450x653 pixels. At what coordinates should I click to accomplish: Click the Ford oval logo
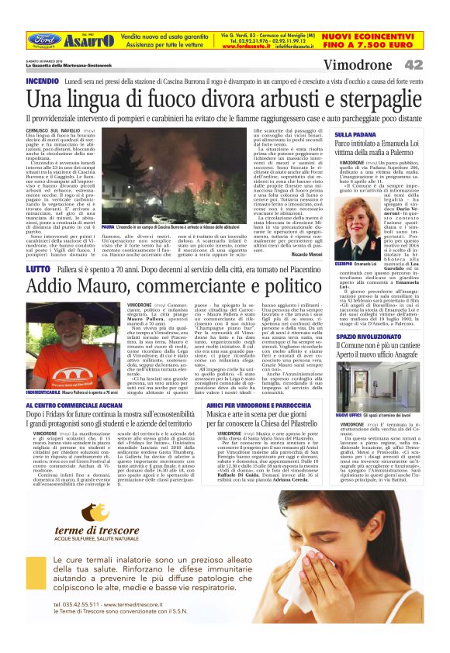[43, 39]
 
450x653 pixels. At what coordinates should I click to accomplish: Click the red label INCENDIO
[43, 81]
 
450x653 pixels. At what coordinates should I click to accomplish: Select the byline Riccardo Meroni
[306, 254]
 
